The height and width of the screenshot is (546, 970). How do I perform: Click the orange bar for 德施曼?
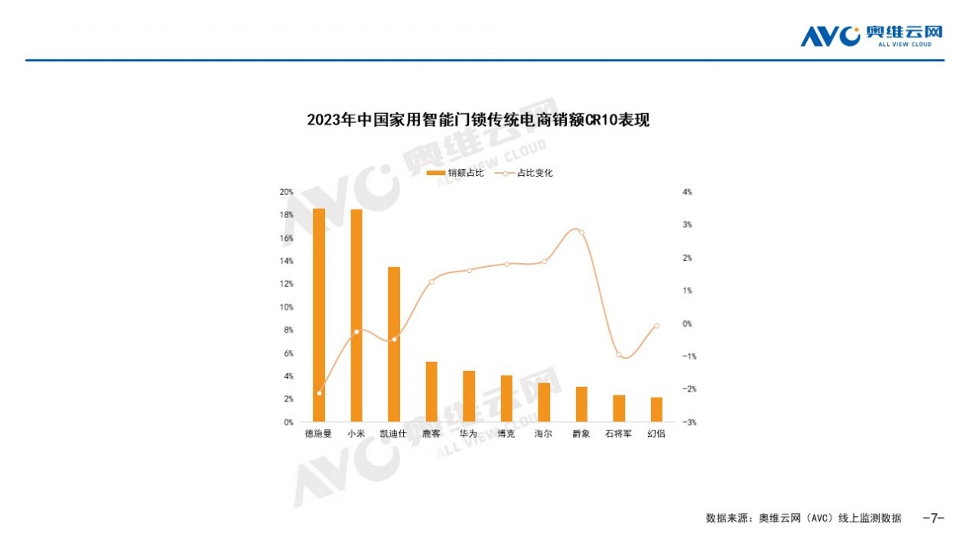tap(319, 314)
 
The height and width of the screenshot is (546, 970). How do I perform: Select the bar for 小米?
tap(356, 315)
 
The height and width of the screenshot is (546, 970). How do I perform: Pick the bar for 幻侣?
tap(656, 409)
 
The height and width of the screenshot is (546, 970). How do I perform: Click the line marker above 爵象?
tap(581, 232)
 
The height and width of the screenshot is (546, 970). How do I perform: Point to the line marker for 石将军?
tap(619, 355)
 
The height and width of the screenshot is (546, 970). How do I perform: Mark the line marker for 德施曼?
tap(319, 393)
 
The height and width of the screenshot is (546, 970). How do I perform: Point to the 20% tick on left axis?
tap(286, 192)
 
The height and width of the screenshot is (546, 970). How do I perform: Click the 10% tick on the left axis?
tap(286, 307)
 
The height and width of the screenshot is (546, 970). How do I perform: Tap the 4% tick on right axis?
tap(687, 192)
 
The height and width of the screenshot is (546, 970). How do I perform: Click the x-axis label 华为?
tap(468, 434)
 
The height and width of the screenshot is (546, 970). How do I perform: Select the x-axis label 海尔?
tap(543, 434)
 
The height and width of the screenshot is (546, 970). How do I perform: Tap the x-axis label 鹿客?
tap(431, 434)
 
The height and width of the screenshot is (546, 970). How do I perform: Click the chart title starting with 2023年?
tap(477, 120)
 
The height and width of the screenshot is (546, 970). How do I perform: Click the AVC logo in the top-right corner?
tap(871, 36)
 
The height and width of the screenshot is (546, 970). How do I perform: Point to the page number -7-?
tap(933, 518)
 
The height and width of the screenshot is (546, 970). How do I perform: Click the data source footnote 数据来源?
tap(802, 518)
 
